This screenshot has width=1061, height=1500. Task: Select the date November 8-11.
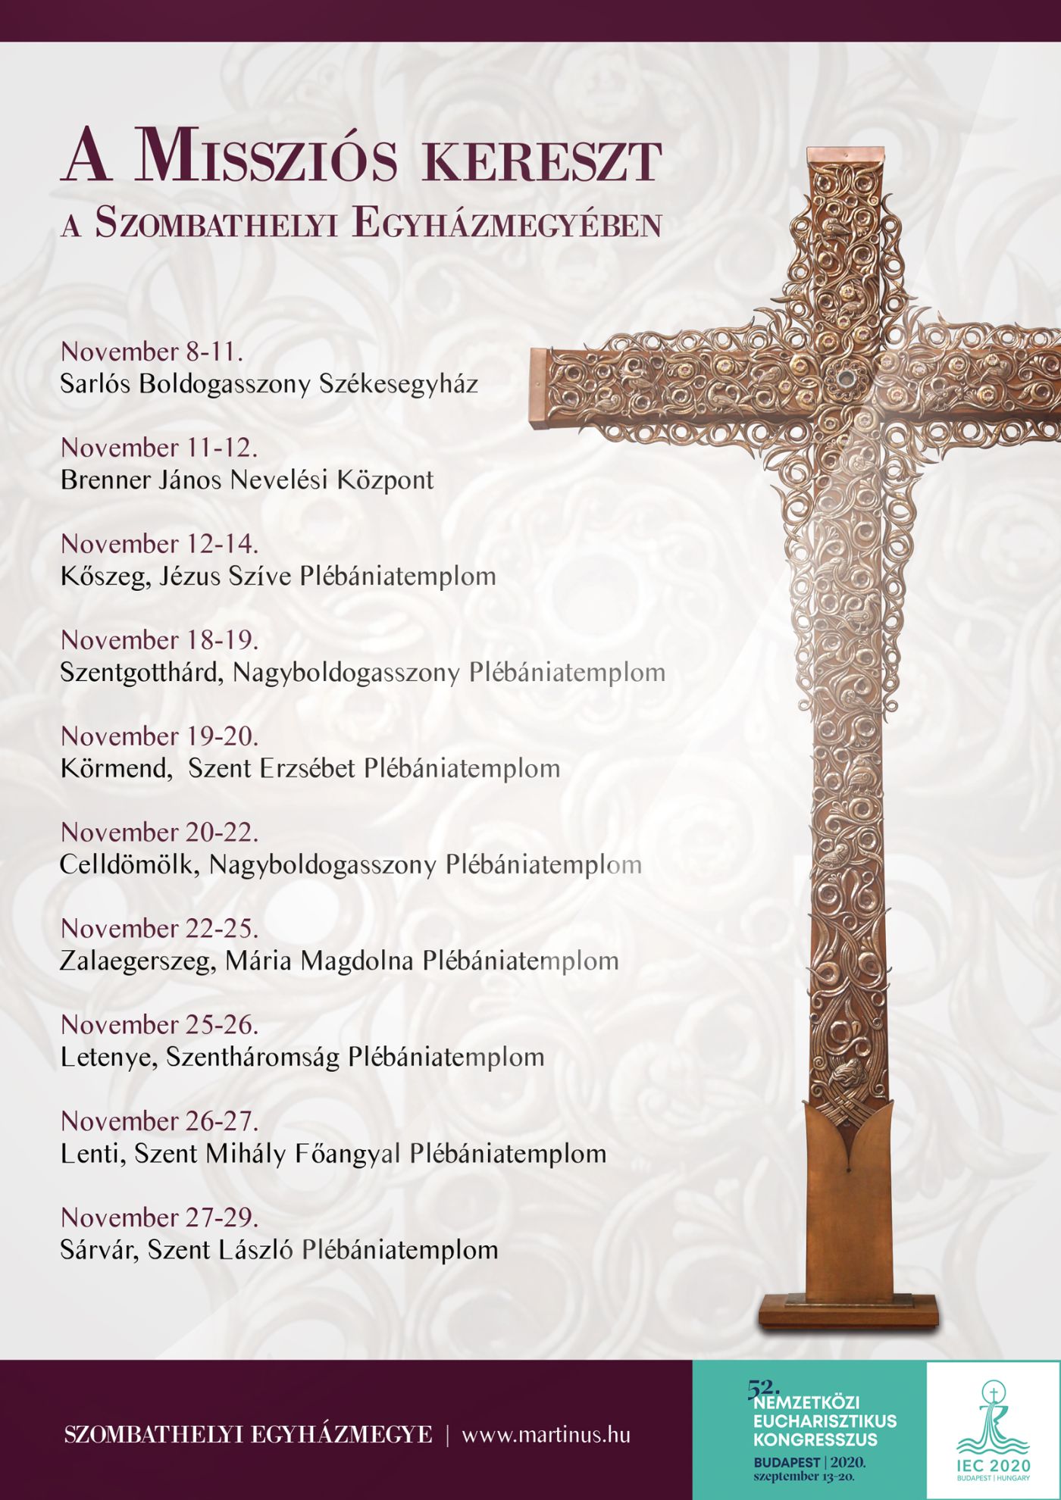click(152, 352)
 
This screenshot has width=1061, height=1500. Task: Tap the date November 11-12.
click(159, 448)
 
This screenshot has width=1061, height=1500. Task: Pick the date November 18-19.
click(159, 640)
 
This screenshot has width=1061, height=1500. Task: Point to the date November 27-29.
click(159, 1217)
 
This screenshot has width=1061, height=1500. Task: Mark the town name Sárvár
click(99, 1250)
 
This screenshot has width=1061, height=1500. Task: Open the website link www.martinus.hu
click(546, 1435)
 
